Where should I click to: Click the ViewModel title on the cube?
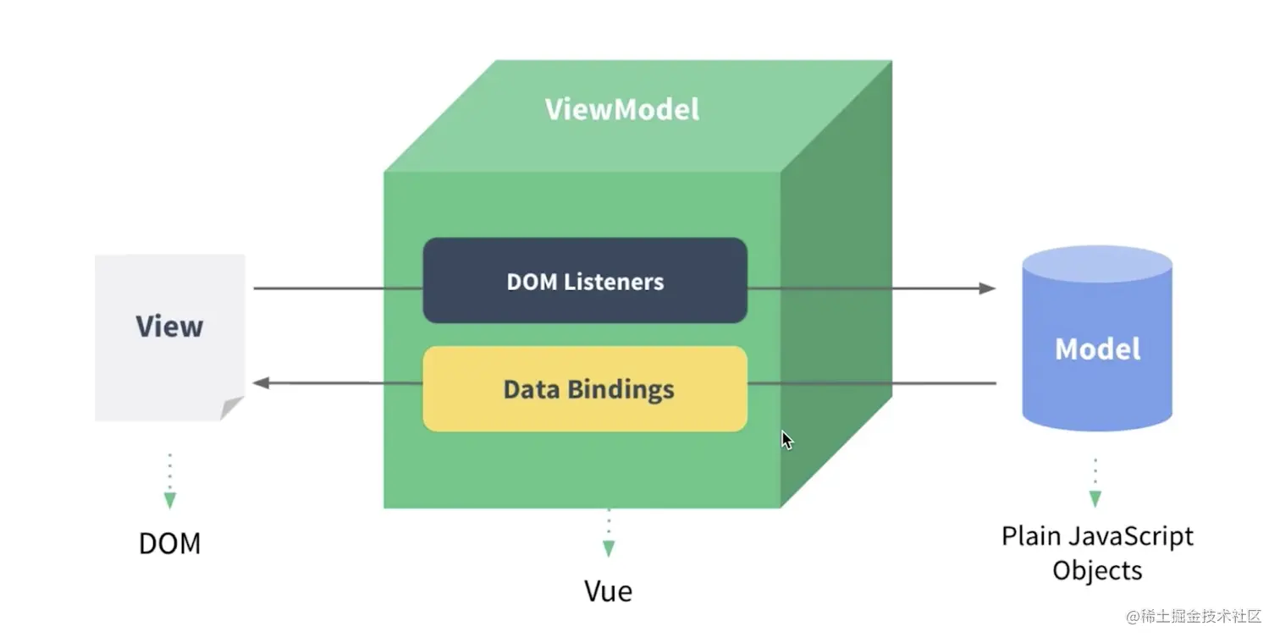pyautogui.click(x=622, y=110)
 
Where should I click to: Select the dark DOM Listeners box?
pyautogui.click(x=585, y=281)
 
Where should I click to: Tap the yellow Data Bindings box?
pyautogui.click(x=585, y=389)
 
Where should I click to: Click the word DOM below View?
pyautogui.click(x=169, y=543)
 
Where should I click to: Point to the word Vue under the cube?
pyautogui.click(x=608, y=591)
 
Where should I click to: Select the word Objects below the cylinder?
pyautogui.click(x=1097, y=569)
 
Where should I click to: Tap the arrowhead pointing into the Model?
pyautogui.click(x=987, y=289)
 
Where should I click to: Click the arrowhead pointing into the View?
pyautogui.click(x=262, y=383)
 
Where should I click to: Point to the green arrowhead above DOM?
pyautogui.click(x=170, y=500)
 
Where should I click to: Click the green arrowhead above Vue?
pyautogui.click(x=609, y=548)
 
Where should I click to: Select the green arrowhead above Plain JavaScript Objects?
pyautogui.click(x=1095, y=499)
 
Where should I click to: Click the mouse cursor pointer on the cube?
pyautogui.click(x=786, y=439)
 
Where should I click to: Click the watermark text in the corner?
pyautogui.click(x=1194, y=616)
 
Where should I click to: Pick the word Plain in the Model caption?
pyautogui.click(x=1030, y=536)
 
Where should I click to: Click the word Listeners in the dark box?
pyautogui.click(x=622, y=282)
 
